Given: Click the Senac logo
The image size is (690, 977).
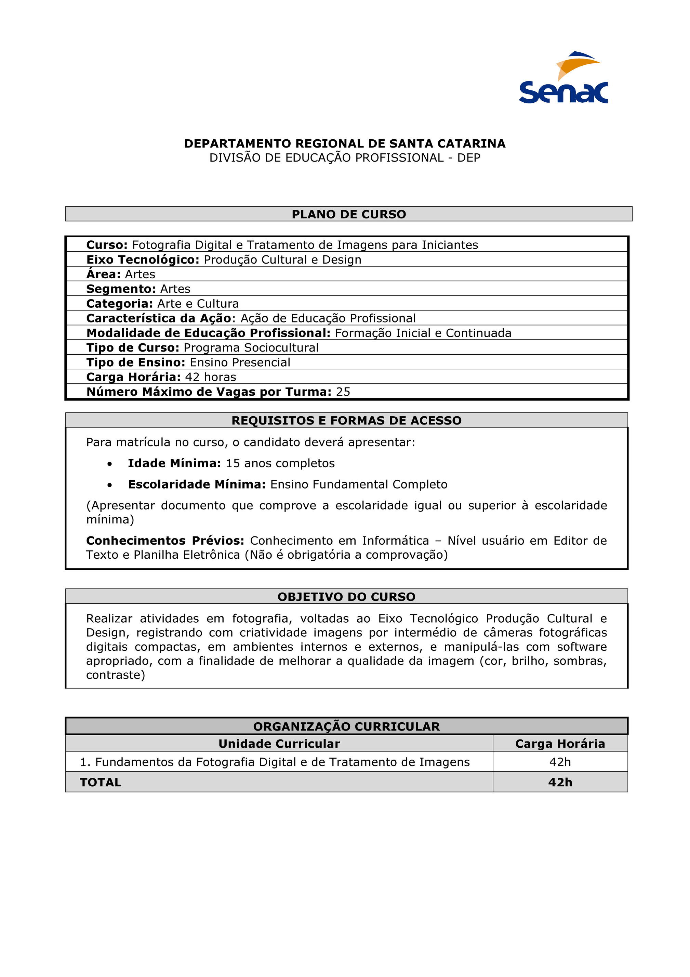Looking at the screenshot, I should point(563,78).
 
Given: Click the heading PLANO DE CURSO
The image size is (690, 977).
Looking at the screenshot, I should point(349,214).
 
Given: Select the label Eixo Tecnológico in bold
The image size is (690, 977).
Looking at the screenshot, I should point(143,259).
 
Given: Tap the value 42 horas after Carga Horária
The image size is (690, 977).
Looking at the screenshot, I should point(210,377).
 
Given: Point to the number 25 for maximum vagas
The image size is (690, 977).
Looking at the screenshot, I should point(343,392).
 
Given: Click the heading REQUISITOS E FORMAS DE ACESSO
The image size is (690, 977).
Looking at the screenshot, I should point(346,420).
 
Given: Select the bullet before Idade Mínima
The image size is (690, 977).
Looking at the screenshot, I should point(110,464).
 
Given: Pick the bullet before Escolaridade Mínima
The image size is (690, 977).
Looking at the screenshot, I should point(110,485).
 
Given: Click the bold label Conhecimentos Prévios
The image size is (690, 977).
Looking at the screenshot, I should point(165,541).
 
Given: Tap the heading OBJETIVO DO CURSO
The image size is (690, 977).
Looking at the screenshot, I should point(346,597).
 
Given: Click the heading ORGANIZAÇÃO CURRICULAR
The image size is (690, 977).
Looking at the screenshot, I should point(346,726).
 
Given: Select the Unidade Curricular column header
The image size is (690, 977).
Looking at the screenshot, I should point(279,744).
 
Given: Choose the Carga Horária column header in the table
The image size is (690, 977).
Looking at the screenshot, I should point(560,744).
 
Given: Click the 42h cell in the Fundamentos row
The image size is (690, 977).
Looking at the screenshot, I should point(560,762).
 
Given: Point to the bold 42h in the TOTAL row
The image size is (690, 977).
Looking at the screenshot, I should point(560,783).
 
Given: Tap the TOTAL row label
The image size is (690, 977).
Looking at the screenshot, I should point(101,783).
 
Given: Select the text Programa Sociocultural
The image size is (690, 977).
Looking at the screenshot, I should point(251,348).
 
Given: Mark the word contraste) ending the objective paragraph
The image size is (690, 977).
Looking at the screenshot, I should point(116,675).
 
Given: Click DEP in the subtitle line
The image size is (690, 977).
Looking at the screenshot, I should point(468,158).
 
